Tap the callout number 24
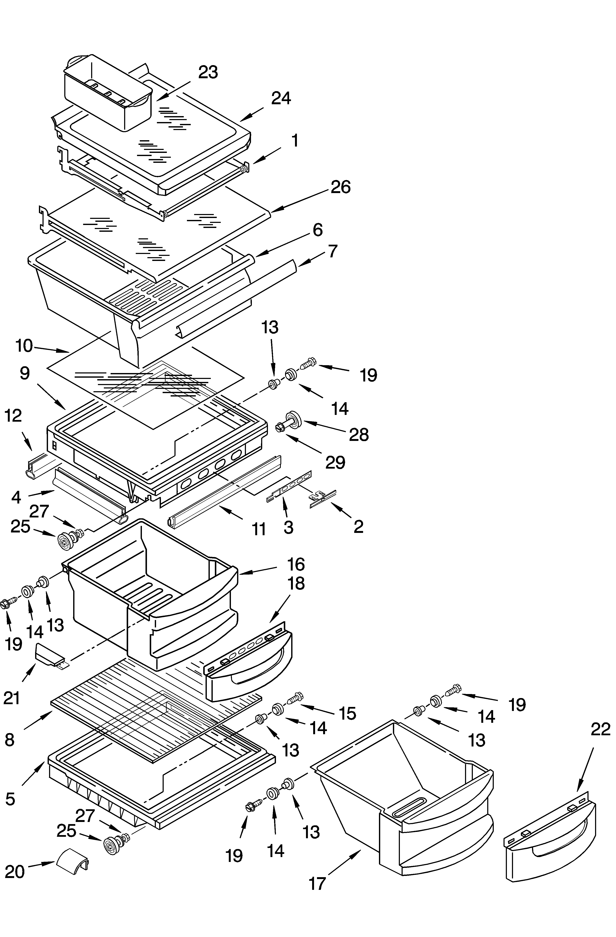coord(281,98)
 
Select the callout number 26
coord(340,187)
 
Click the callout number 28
coord(359,435)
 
